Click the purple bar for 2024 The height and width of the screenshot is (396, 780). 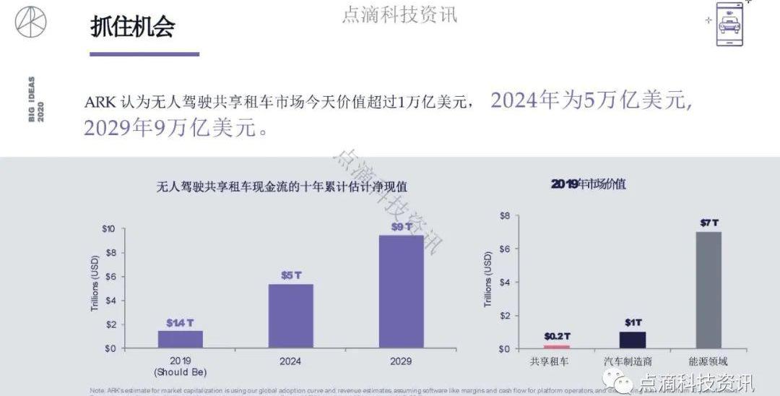(x=291, y=316)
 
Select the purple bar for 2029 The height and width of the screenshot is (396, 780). (x=401, y=291)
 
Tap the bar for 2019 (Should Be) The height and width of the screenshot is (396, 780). (x=181, y=339)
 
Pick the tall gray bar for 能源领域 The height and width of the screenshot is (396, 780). (x=708, y=290)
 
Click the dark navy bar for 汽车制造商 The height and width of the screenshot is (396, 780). (x=632, y=340)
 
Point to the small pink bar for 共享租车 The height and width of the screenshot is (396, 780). (x=557, y=347)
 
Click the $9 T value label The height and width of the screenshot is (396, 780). (x=401, y=226)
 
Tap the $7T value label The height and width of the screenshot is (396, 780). (x=708, y=223)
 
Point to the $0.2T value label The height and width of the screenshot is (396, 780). (x=557, y=336)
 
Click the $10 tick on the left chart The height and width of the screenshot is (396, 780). (x=107, y=229)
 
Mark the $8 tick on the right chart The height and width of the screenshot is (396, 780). (x=505, y=215)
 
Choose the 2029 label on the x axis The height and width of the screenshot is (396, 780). (x=401, y=361)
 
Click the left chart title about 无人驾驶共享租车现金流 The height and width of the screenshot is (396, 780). (x=282, y=186)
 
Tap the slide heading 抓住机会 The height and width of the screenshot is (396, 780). (x=133, y=26)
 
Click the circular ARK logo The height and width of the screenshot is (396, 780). (x=30, y=22)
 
